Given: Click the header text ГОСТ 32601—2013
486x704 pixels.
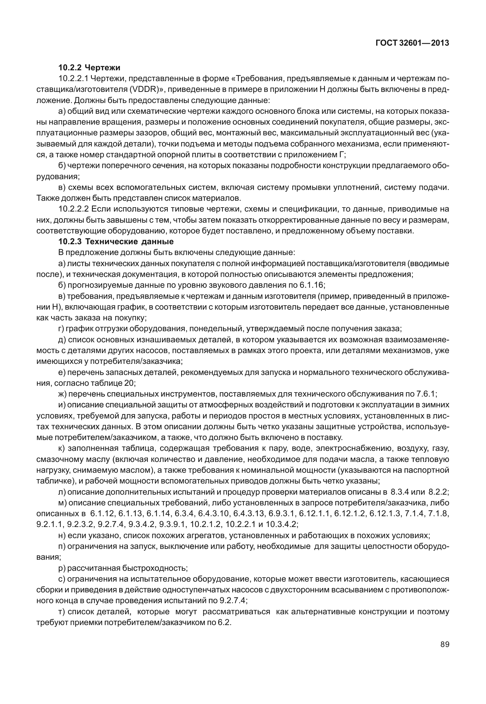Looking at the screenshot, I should [x=412, y=43].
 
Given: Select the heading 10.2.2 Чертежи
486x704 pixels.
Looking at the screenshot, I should [x=89, y=67].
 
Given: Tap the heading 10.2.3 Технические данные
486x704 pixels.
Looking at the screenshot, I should [x=116, y=241].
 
